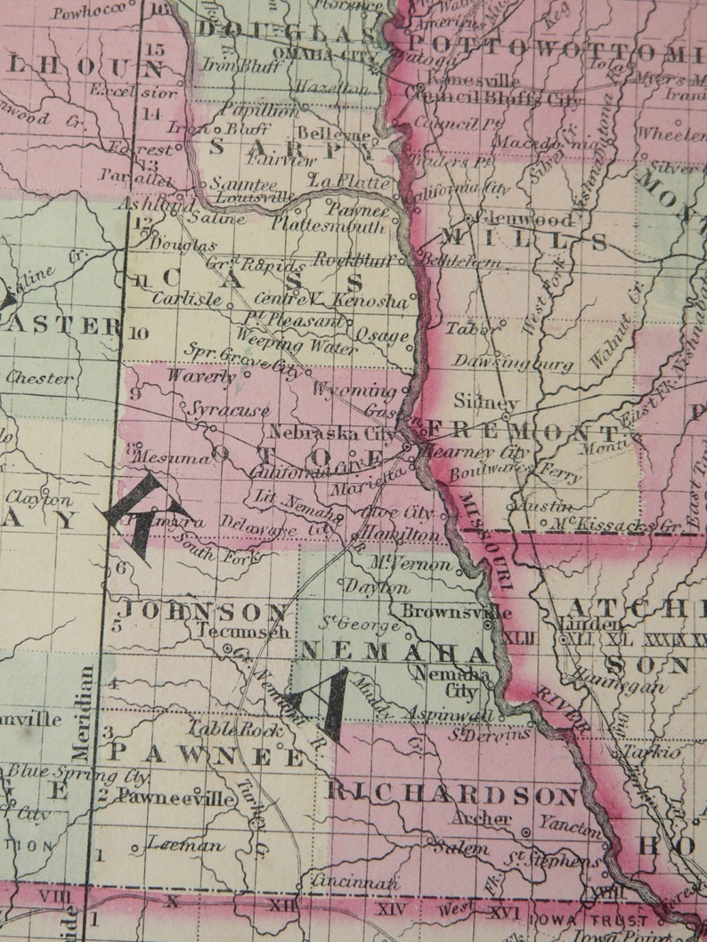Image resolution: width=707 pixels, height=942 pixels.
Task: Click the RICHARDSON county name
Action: click(452, 794)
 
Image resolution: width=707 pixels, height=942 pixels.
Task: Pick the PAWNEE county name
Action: click(207, 755)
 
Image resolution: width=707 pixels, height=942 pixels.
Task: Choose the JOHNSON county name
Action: click(205, 611)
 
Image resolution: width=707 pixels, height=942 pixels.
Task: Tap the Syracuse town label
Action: click(229, 410)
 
